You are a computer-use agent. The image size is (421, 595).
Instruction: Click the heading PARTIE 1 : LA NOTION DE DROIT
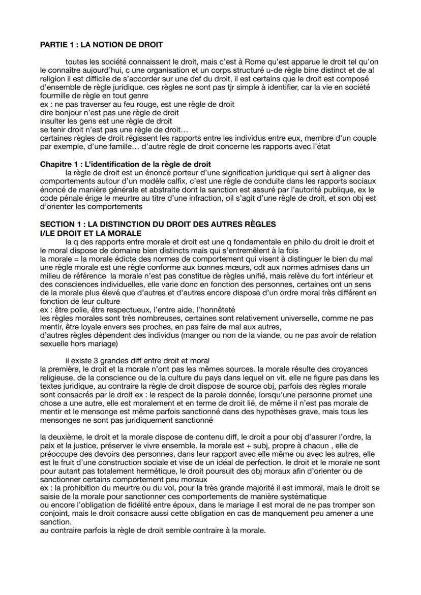101,45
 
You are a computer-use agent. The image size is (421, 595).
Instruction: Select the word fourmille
54,96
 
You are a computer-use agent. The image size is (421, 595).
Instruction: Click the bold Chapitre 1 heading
125,164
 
